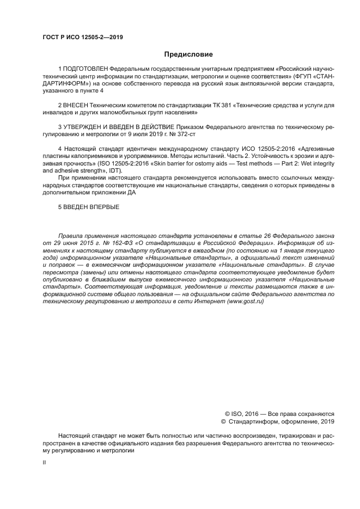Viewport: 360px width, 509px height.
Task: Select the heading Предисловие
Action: tap(188, 54)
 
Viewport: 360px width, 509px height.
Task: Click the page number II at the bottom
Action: tap(44, 462)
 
